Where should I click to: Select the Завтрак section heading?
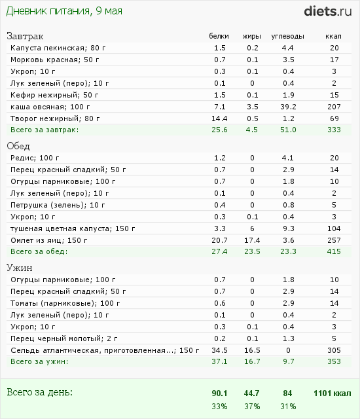click(x=26, y=35)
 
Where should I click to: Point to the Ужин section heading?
click(x=20, y=268)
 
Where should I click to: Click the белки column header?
click(x=219, y=36)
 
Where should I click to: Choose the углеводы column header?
click(x=287, y=36)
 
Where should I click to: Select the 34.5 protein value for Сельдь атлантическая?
click(x=219, y=350)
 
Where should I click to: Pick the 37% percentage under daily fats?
click(x=252, y=406)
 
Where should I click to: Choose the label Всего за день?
click(x=39, y=392)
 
